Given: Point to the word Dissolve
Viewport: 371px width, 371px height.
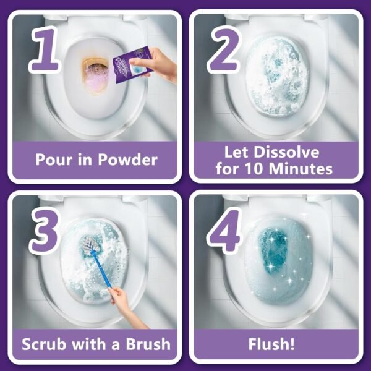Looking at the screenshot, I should coord(290,152).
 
